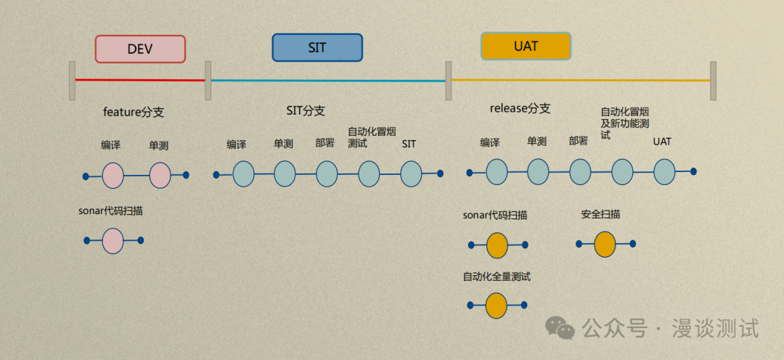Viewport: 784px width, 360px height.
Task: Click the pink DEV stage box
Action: pos(140,49)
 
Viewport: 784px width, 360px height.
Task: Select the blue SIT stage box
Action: pos(317,48)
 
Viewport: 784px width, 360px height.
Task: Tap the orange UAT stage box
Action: pos(526,46)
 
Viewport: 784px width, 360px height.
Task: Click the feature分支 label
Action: pos(134,112)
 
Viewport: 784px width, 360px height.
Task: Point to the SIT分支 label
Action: pos(306,111)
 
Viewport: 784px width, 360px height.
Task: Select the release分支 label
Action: pos(520,109)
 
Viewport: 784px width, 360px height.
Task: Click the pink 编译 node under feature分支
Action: pos(113,175)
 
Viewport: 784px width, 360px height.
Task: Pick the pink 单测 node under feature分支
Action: pos(160,175)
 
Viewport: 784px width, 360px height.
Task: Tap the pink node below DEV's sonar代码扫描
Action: pos(113,240)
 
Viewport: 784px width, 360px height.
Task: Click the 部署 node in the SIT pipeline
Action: pos(327,173)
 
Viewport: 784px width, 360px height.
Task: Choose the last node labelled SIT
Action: pos(411,173)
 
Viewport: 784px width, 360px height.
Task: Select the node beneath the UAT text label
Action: pos(664,171)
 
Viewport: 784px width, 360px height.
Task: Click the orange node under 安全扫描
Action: pos(605,244)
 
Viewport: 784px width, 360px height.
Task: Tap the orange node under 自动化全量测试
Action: pos(497,306)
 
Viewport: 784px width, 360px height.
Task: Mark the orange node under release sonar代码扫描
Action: pos(497,245)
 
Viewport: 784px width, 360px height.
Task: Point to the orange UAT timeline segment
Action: pos(581,81)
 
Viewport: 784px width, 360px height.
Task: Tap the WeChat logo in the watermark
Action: pos(560,328)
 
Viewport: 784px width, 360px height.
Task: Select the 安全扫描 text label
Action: pos(600,215)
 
